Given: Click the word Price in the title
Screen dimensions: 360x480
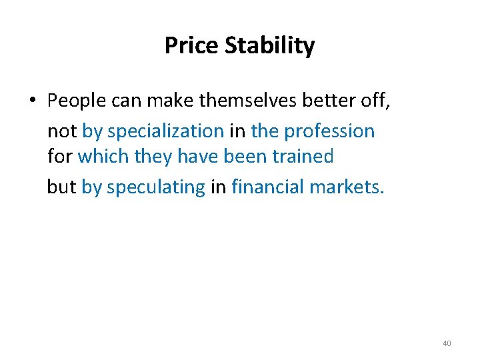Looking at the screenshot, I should pyautogui.click(x=191, y=46).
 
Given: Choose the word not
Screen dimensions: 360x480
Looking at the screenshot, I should pyautogui.click(x=62, y=131).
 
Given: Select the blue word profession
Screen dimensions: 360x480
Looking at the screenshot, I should pyautogui.click(x=330, y=131).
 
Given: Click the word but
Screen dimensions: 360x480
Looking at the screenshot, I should pyautogui.click(x=61, y=187).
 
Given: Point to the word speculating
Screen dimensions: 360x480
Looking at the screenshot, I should pyautogui.click(x=156, y=187).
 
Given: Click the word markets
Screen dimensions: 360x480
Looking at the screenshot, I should pyautogui.click(x=347, y=187).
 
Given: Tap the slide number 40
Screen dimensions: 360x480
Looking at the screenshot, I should pyautogui.click(x=447, y=343).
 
